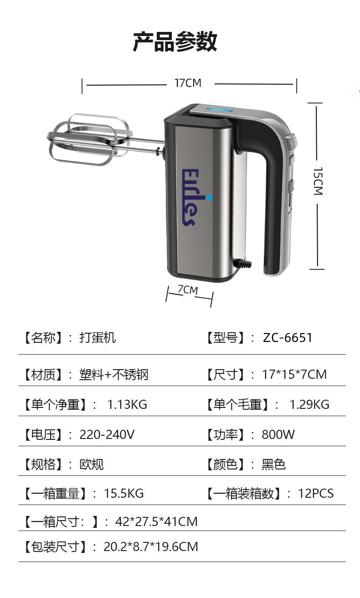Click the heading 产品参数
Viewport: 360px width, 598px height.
[x=175, y=41]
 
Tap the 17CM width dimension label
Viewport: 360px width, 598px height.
[x=188, y=83]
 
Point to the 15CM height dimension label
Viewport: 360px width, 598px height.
[x=318, y=181]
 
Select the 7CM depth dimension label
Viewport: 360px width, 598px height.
[x=188, y=290]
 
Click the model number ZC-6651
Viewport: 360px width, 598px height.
[x=288, y=338]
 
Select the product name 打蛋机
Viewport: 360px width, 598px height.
[x=98, y=338]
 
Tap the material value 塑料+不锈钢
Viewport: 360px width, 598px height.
[x=114, y=375]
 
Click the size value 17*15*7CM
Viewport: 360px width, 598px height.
[x=294, y=375]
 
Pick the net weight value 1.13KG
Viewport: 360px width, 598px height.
[x=127, y=404]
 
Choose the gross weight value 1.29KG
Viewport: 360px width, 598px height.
[x=309, y=404]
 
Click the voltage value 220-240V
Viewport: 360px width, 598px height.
[x=107, y=434]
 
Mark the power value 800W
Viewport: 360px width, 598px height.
[x=278, y=434]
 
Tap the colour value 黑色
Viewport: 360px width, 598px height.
[x=273, y=464]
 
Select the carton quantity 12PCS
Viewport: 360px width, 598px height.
[x=316, y=493]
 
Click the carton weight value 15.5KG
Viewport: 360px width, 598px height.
[x=123, y=493]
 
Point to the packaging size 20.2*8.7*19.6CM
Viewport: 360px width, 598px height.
[x=151, y=546]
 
